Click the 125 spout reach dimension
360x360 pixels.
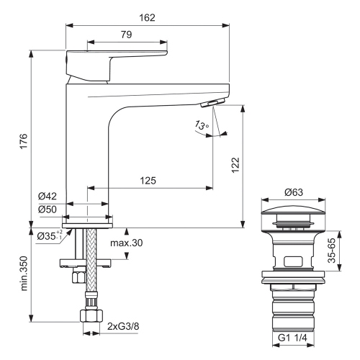click(148, 181)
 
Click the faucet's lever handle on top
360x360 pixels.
click(115, 57)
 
